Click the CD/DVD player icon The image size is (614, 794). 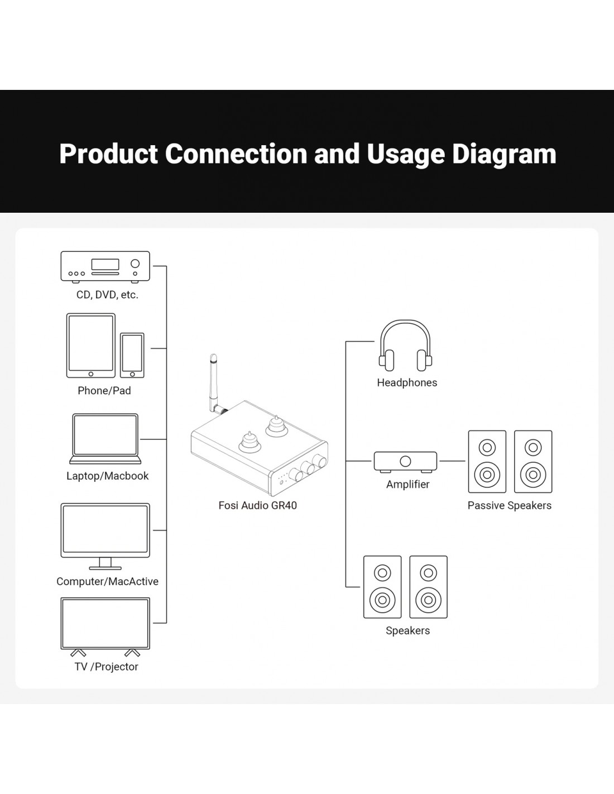105,266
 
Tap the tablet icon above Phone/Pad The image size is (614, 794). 90,345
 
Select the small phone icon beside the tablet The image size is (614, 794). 132,355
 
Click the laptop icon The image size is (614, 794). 105,439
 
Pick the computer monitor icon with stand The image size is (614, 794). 105,534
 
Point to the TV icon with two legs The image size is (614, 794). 105,625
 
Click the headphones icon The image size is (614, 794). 406,346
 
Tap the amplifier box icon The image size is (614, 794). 405,462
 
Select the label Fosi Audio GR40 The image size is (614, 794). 257,505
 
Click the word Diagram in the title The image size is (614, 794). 503,154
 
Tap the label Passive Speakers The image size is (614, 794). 509,505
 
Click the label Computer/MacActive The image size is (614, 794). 107,581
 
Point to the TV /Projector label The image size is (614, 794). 106,667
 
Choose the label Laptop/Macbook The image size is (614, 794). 107,476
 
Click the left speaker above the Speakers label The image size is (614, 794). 382,587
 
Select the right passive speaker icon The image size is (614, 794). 533,462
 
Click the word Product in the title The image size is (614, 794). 108,154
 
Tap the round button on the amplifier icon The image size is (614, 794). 406,461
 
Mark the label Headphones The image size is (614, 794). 407,382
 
